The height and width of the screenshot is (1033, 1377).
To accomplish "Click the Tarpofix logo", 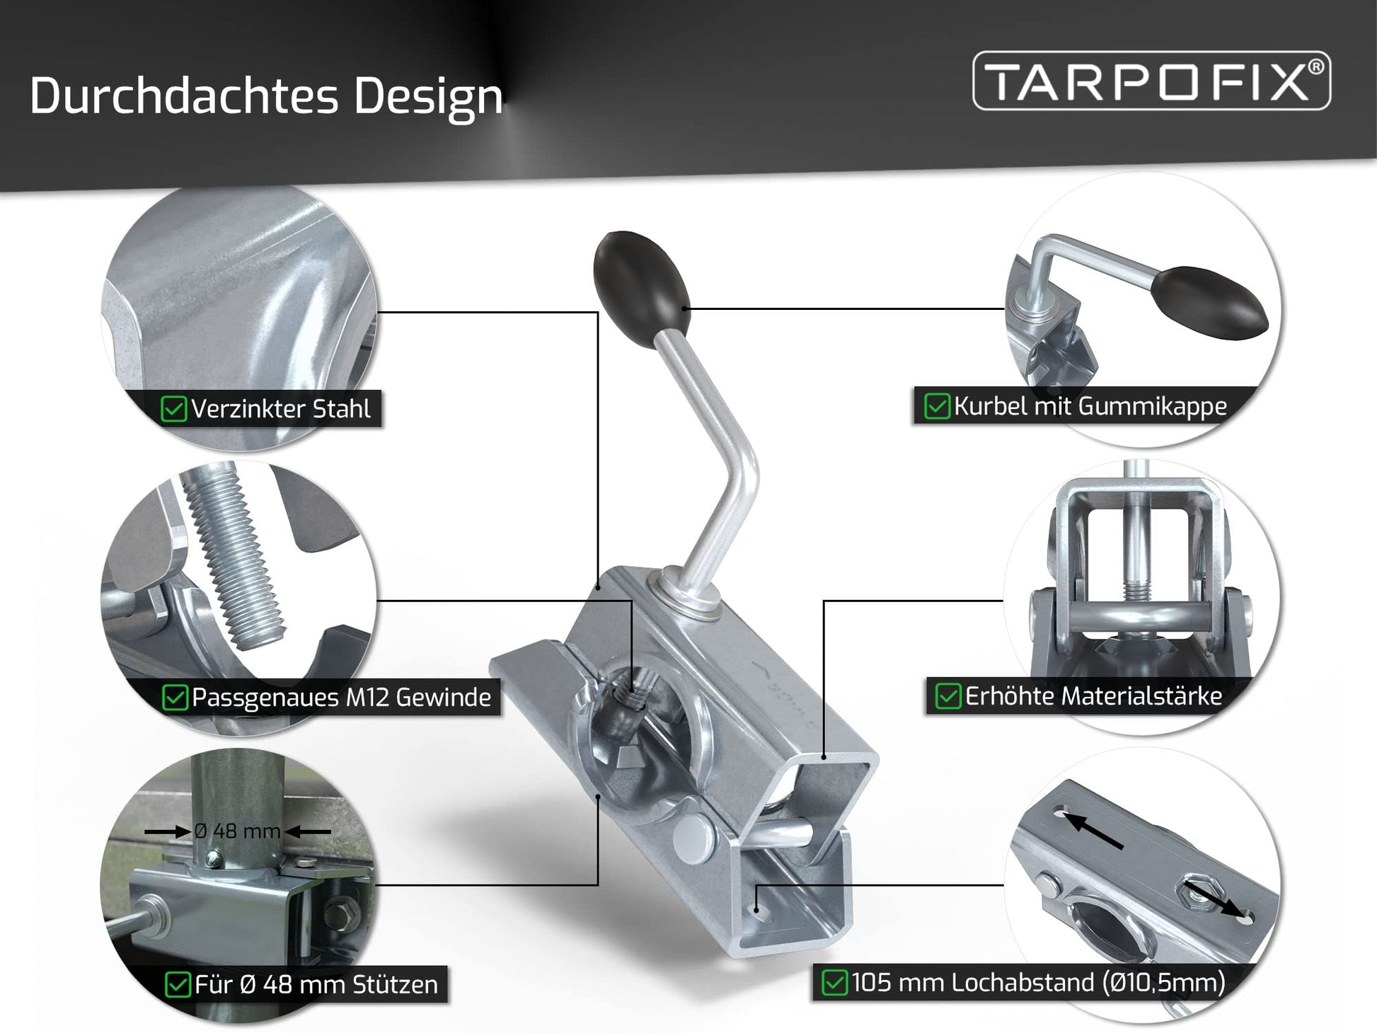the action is pos(1151,81).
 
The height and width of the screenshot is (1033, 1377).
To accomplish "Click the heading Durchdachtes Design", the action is pos(266,96).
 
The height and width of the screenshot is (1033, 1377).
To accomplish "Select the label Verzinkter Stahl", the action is pos(281,409).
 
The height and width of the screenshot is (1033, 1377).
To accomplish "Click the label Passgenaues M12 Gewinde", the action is pos(341,698).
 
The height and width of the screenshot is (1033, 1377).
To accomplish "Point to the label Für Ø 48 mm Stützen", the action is pos(316,984).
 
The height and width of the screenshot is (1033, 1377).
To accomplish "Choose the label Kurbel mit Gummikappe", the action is pos(1090,406).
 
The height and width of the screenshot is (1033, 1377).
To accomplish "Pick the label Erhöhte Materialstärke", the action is pos(1093,696).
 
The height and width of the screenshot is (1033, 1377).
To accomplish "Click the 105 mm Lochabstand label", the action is pos(1038,983).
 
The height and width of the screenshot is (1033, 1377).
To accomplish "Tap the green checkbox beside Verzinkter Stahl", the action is pos(173,409).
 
